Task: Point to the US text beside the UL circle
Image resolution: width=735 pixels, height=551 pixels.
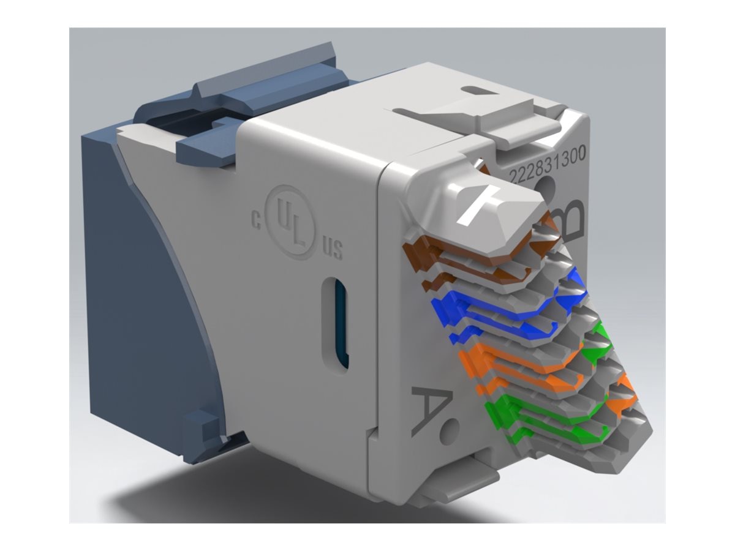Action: (x=333, y=249)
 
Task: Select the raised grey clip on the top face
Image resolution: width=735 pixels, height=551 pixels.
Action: (x=484, y=116)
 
